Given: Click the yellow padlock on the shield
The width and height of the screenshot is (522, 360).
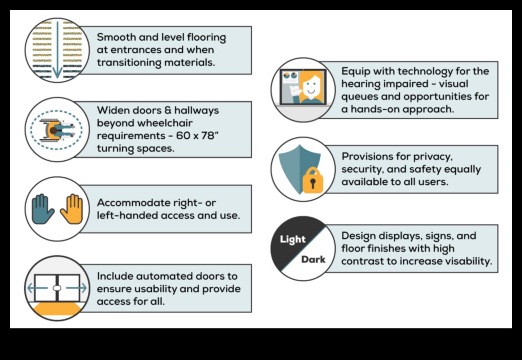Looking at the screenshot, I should [313, 181].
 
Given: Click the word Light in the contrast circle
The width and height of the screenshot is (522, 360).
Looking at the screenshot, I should [293, 239].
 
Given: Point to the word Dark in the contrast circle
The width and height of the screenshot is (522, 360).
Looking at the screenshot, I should [313, 260].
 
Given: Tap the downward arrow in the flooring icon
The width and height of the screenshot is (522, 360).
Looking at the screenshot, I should [57, 50].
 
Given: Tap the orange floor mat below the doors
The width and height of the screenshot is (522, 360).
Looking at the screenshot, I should [57, 310].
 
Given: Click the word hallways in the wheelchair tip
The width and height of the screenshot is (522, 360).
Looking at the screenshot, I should [195, 110].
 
